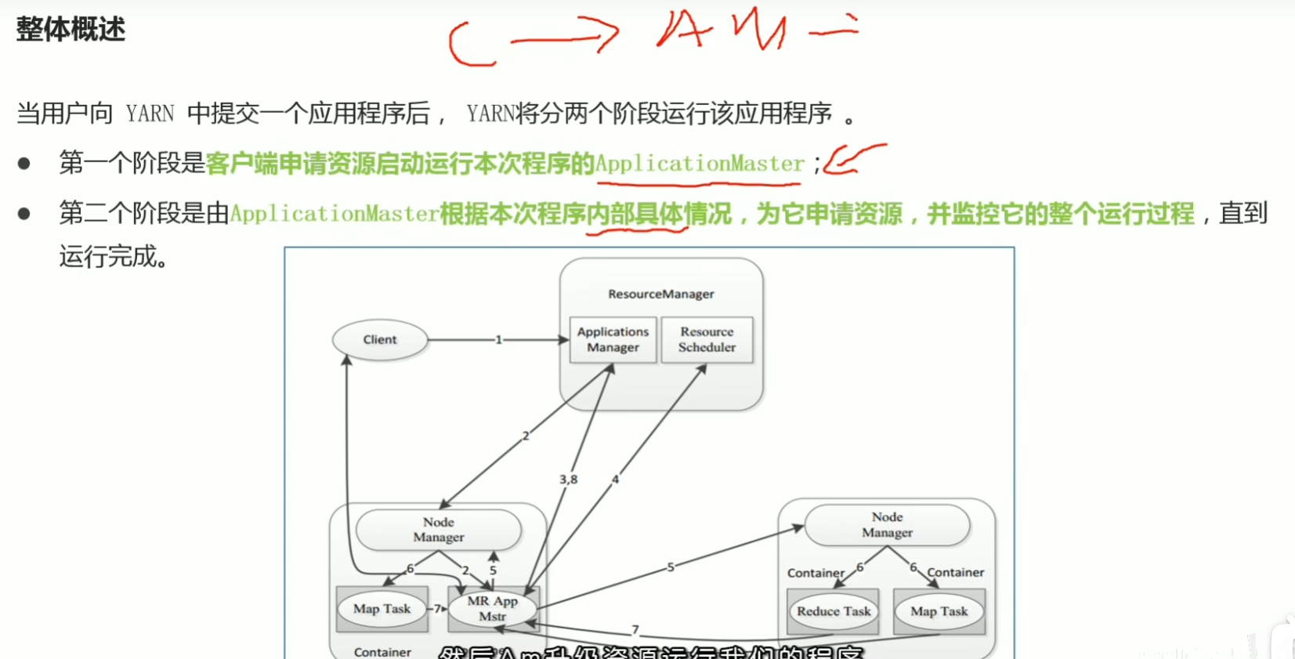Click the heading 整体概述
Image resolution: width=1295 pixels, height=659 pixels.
tap(71, 30)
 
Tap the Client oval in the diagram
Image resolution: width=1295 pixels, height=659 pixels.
tap(380, 339)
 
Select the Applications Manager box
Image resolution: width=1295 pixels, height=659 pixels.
tap(613, 339)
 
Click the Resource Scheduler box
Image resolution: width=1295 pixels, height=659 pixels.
tap(707, 339)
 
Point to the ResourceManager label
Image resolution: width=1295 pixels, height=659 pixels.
tap(660, 294)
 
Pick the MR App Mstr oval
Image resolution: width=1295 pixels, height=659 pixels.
tap(492, 609)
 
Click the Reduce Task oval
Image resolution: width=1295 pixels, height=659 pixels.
tap(834, 611)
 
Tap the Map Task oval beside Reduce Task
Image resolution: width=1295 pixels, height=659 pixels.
tap(939, 611)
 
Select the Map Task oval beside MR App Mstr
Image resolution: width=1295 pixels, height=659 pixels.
tap(382, 609)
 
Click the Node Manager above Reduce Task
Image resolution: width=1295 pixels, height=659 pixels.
tap(887, 525)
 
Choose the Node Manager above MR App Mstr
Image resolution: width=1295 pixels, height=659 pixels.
tap(439, 530)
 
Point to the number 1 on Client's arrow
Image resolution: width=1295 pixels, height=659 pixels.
tap(498, 339)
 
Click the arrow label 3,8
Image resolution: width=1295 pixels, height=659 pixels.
tap(568, 479)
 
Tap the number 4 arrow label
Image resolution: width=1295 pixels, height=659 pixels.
tap(615, 479)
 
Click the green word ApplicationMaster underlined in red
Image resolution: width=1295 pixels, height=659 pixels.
tap(700, 164)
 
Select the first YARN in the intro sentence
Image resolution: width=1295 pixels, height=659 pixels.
tap(150, 114)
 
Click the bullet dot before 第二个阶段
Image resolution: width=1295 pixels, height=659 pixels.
tap(24, 213)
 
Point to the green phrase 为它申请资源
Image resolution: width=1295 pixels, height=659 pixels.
tap(829, 214)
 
